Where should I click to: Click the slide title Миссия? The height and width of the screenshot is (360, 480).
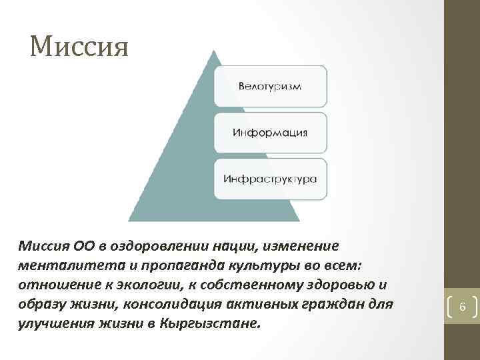[x=79, y=47]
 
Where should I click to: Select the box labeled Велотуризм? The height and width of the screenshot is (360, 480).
[x=270, y=86]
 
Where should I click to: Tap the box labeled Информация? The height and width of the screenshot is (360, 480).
[x=270, y=132]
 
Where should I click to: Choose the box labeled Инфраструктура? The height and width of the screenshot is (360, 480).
[x=270, y=179]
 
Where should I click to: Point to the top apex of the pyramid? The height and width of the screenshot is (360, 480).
[x=213, y=51]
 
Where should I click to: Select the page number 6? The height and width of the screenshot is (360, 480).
[x=463, y=307]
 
